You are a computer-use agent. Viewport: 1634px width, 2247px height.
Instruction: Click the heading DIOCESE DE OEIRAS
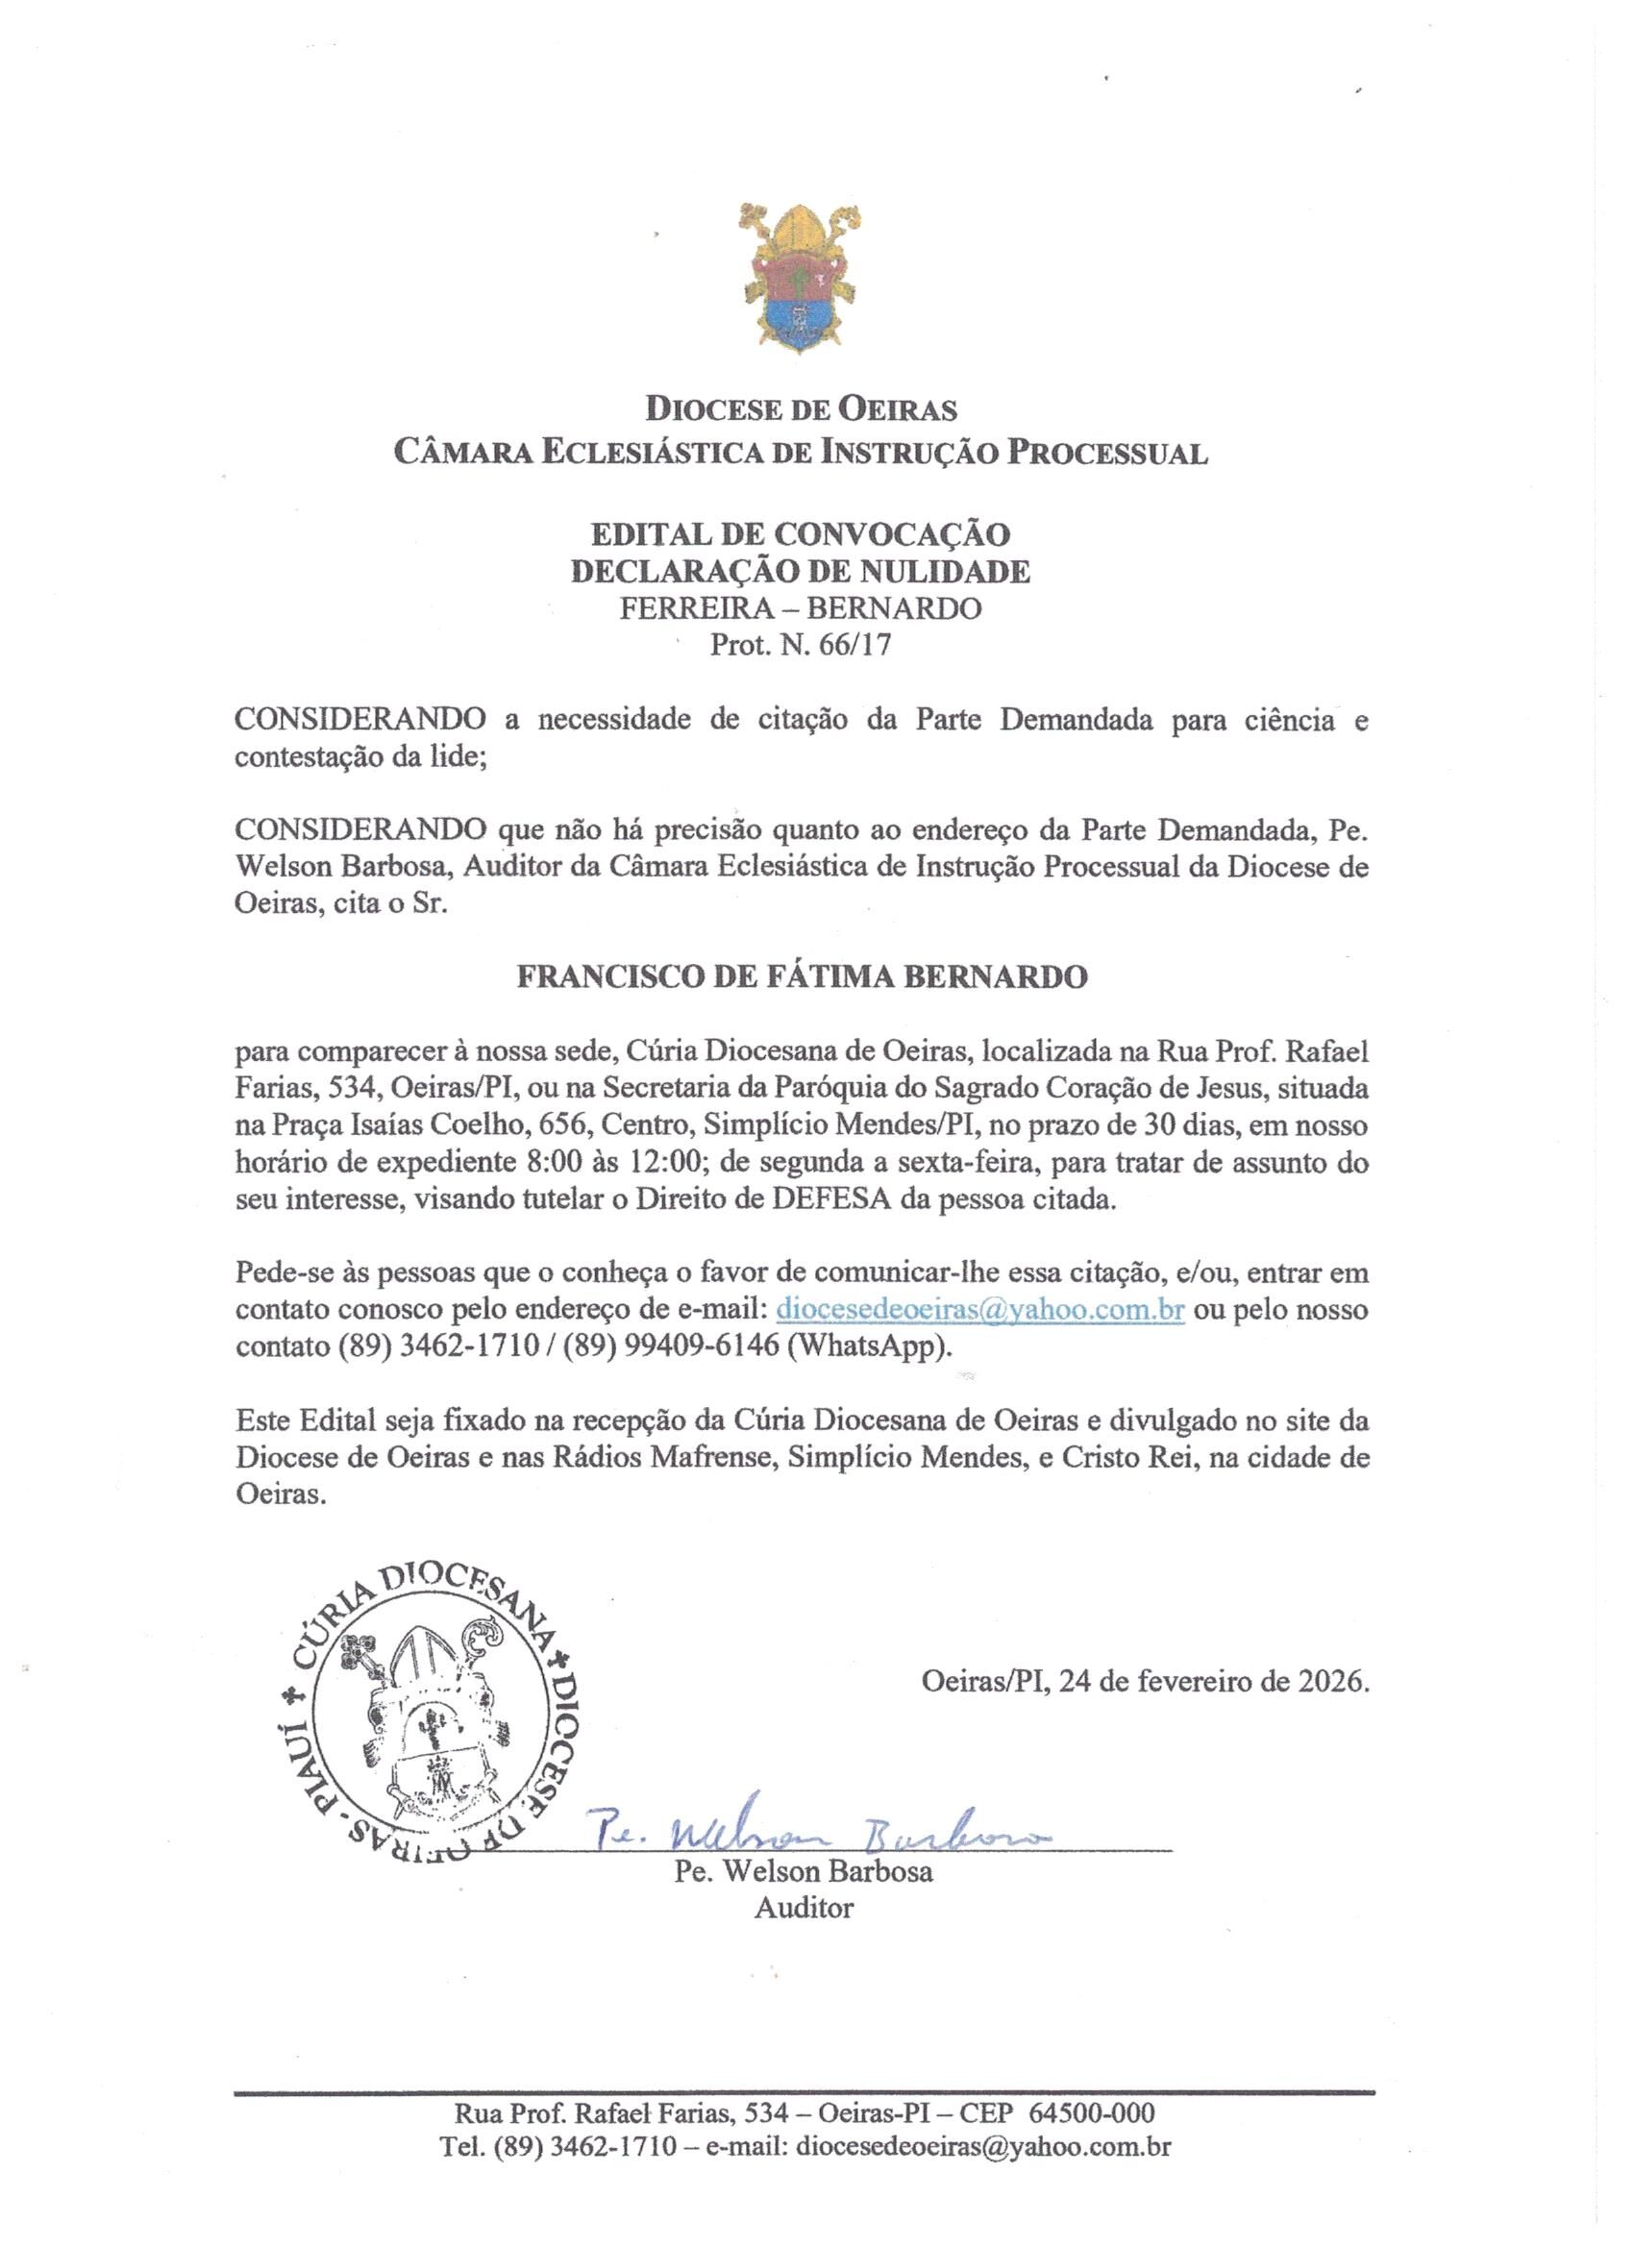tap(801, 408)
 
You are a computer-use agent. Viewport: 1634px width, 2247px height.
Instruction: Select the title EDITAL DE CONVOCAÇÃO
tap(801, 534)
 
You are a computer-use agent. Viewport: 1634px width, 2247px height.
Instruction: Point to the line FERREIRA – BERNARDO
tap(801, 608)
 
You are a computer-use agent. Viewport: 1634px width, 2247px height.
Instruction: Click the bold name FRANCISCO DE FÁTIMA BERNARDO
tap(802, 976)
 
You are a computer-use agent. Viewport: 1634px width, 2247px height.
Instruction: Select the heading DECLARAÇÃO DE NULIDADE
tap(801, 572)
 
